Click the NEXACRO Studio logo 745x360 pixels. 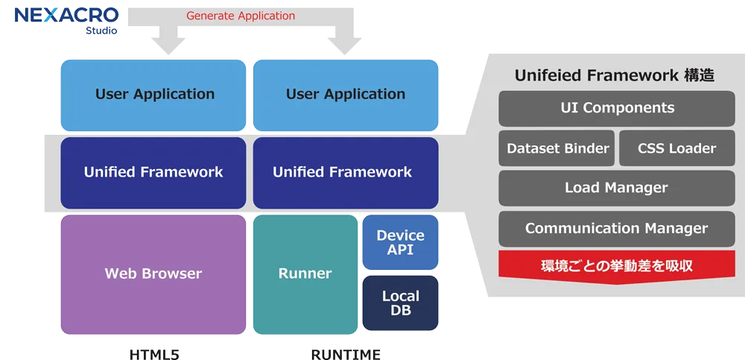[66, 20]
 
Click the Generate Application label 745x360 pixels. [241, 16]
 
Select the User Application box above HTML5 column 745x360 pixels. [153, 95]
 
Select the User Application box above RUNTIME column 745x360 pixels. [346, 95]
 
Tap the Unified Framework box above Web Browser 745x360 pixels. [153, 172]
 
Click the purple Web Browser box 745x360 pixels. [153, 274]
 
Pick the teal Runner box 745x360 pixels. [305, 274]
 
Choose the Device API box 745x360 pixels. [400, 242]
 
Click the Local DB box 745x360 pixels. [400, 303]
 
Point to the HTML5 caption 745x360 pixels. [153, 353]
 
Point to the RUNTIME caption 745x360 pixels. [345, 353]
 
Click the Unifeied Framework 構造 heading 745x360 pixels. [615, 75]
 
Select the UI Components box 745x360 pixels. [617, 108]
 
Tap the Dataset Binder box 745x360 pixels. [557, 148]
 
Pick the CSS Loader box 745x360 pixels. [676, 148]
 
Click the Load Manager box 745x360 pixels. [617, 189]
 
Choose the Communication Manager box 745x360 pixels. [617, 229]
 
